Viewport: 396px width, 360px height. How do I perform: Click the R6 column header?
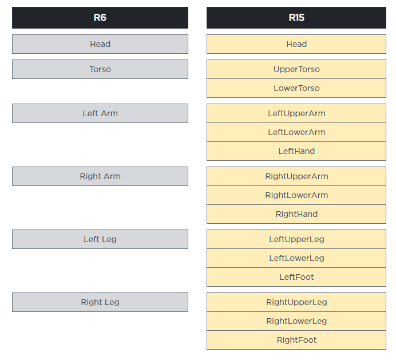click(100, 18)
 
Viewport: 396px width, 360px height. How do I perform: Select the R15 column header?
click(296, 18)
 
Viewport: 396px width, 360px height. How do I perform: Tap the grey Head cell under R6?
click(100, 44)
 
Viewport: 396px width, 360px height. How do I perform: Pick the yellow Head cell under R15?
click(296, 44)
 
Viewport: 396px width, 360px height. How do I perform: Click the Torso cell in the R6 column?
click(100, 69)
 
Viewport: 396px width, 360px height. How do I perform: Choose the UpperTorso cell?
click(296, 69)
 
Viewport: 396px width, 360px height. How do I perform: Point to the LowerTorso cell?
click(296, 88)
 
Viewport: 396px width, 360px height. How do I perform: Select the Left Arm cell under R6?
click(100, 113)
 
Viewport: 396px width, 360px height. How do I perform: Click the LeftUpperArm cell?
click(296, 113)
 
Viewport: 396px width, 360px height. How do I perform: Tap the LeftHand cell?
click(296, 151)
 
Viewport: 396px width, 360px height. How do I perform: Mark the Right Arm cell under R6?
click(100, 176)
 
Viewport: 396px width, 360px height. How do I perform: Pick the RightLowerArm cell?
click(296, 195)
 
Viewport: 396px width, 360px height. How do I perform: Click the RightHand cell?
click(296, 214)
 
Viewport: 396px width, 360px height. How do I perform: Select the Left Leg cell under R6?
click(100, 239)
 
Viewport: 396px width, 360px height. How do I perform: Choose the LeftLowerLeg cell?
click(296, 258)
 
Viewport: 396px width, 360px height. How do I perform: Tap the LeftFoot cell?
click(296, 277)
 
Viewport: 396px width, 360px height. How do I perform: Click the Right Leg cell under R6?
click(100, 302)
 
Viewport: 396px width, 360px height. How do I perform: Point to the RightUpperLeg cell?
click(296, 302)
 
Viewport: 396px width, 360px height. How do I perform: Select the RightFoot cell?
click(296, 340)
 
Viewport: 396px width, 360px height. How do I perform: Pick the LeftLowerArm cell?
click(296, 132)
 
